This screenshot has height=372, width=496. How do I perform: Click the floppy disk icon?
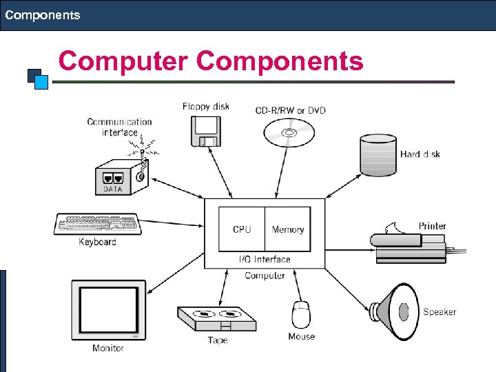[205, 131]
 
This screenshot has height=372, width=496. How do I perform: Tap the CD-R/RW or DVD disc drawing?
[289, 132]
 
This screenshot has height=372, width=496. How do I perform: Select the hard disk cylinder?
[378, 155]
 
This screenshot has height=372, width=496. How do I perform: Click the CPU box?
[242, 229]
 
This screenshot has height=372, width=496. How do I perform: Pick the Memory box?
[288, 229]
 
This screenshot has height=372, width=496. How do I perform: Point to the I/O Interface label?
[265, 260]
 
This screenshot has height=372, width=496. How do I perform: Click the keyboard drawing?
[97, 225]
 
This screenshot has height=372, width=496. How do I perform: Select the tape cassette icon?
[216, 319]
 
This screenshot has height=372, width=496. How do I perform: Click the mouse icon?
[301, 315]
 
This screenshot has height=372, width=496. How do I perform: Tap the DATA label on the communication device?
[112, 189]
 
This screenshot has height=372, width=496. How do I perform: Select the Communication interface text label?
[119, 127]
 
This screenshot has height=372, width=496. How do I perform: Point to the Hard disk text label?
[420, 154]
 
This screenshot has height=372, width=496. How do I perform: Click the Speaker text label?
[440, 312]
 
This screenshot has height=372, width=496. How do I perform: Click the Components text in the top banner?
[43, 14]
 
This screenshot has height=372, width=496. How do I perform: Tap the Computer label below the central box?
[265, 276]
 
